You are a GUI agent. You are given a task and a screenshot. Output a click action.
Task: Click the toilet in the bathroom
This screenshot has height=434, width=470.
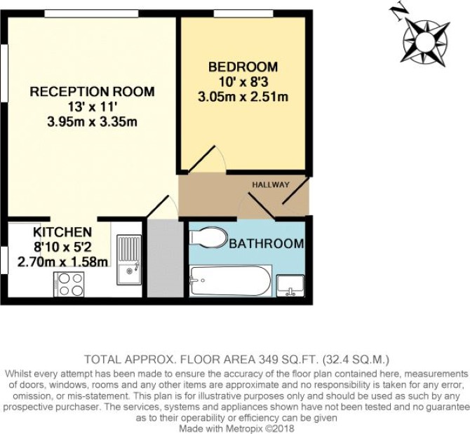tap(208, 238)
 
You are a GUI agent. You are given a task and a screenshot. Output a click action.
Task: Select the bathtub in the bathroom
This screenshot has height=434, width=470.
tap(231, 281)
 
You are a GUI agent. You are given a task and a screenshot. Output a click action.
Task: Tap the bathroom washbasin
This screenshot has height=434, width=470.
tap(290, 286)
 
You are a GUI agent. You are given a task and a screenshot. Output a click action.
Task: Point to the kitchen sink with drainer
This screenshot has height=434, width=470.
tap(129, 259)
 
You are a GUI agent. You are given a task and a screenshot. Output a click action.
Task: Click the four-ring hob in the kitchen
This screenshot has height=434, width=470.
tap(69, 284)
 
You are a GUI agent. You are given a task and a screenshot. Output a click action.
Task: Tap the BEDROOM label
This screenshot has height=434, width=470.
tap(243, 67)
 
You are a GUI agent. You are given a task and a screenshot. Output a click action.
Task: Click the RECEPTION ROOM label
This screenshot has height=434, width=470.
tap(93, 91)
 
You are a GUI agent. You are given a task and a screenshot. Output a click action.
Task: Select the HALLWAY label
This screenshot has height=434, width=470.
tap(271, 184)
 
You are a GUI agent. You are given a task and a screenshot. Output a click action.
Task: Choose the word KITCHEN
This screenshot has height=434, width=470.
tap(62, 232)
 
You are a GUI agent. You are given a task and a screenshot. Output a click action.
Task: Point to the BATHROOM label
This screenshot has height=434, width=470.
tap(267, 243)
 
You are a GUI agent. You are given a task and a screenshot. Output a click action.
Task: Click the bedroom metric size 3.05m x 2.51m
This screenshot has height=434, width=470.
tap(243, 97)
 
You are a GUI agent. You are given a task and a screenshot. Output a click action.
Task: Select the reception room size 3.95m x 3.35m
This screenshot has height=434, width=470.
tap(93, 122)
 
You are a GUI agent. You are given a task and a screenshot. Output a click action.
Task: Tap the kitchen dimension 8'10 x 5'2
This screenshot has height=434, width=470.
tap(62, 247)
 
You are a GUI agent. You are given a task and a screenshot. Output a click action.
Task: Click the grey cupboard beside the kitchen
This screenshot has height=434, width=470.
tap(166, 259)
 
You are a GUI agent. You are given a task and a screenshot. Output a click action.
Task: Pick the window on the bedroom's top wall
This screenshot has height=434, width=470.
tap(243, 13)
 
